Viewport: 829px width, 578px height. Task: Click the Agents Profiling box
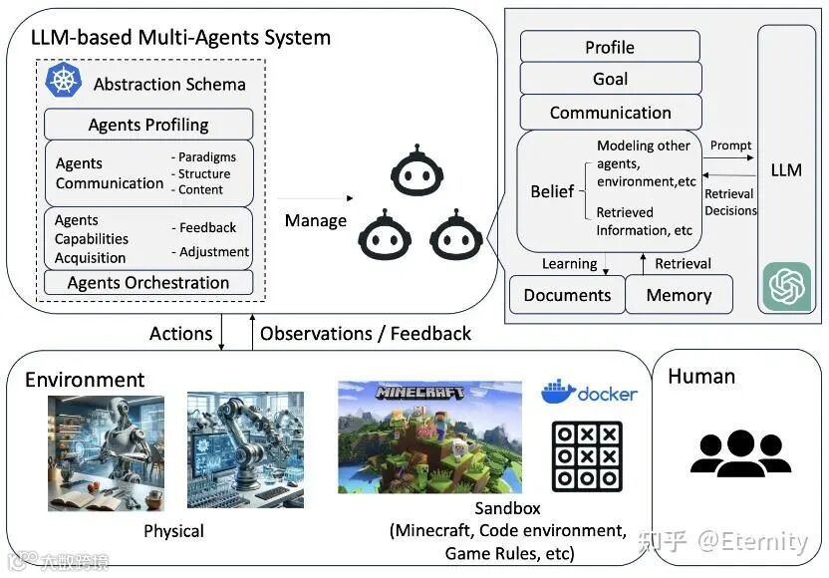[148, 125]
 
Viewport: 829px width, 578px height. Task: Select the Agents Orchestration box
[148, 283]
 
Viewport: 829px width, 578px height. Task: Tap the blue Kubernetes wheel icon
[63, 81]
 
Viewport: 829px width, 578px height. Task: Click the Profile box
[610, 47]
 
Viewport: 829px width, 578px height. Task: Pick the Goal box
[610, 79]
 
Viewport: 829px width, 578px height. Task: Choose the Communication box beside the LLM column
[610, 113]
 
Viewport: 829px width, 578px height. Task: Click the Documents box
[567, 295]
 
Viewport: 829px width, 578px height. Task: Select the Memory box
[679, 295]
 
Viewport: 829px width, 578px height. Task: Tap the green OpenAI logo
[787, 287]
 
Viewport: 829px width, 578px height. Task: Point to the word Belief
[552, 190]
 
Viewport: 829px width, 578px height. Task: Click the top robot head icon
[413, 170]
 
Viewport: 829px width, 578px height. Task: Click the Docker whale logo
[558, 392]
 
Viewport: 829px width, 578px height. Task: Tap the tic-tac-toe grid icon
[587, 455]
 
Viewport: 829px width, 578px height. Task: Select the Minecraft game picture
[429, 436]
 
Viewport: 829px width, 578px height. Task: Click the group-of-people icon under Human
[740, 453]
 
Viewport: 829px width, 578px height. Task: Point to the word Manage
[316, 220]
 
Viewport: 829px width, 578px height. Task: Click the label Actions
[180, 334]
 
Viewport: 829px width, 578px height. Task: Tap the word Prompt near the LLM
[730, 145]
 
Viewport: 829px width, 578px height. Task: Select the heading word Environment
[85, 380]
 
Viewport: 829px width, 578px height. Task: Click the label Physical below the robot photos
[173, 531]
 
